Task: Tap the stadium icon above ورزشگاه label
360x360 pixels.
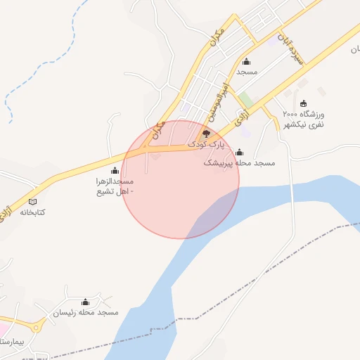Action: click(303, 104)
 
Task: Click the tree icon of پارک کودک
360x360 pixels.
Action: click(206, 133)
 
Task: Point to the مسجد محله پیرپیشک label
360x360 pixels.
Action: click(239, 162)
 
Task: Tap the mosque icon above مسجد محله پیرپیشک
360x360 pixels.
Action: click(239, 153)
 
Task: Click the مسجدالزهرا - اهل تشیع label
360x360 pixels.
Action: click(115, 186)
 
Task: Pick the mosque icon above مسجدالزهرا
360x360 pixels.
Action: click(115, 170)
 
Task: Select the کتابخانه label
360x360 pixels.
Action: click(32, 212)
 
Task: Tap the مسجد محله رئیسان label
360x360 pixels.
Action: click(86, 311)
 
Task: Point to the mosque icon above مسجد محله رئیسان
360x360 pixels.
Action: click(86, 302)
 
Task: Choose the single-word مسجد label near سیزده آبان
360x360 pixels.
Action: click(247, 72)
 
